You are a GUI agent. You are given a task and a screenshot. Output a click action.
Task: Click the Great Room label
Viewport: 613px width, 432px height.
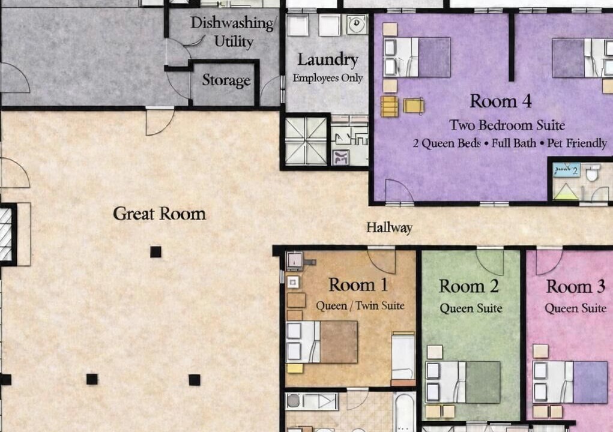point(160,214)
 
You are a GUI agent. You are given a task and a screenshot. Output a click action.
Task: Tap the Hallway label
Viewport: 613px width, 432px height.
point(390,227)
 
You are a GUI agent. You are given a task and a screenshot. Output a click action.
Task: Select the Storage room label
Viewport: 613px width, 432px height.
point(226,80)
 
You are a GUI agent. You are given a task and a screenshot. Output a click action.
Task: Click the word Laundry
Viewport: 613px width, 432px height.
point(328,60)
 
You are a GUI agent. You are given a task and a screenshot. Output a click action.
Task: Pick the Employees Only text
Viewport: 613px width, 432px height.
point(328,78)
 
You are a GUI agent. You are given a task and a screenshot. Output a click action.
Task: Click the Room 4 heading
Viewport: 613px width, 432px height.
point(500,101)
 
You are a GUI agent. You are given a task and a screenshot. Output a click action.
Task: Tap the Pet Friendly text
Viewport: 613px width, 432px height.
point(577,143)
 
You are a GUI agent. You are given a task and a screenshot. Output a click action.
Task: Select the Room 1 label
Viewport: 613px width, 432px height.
point(358,284)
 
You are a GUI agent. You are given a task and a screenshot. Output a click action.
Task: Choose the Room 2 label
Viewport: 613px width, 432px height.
point(469,286)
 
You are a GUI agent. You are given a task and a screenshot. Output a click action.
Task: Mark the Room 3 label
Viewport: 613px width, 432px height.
point(575,286)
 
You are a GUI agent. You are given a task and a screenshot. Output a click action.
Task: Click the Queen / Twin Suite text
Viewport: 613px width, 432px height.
point(360,305)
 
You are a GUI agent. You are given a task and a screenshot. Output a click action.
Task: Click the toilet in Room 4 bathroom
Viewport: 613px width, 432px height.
point(593,173)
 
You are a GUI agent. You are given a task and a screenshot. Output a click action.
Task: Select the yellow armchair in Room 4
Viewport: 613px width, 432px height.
point(414,106)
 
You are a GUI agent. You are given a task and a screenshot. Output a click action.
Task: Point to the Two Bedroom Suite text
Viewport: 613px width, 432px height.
point(507,125)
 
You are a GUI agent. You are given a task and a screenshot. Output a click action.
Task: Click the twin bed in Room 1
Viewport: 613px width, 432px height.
point(403,358)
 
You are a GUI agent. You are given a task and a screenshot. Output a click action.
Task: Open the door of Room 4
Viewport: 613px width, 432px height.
point(399,191)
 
